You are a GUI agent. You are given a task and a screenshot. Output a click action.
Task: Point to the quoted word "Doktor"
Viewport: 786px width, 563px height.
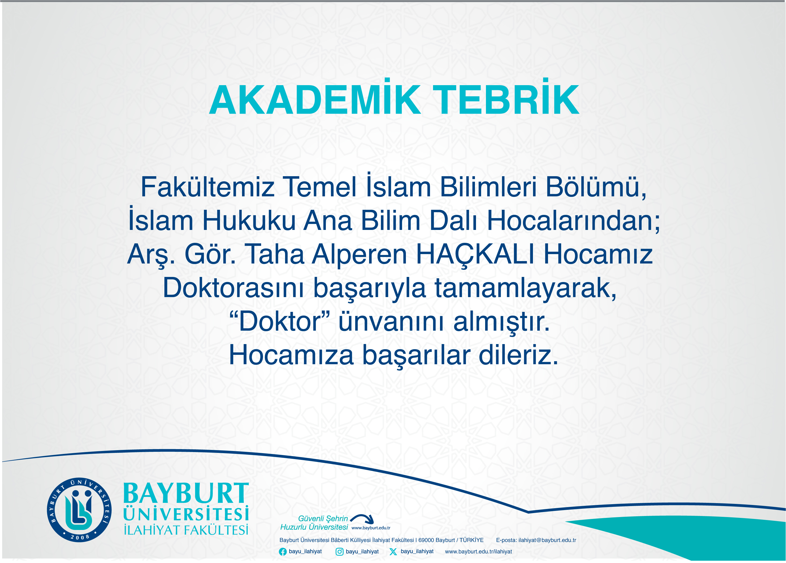pos(280,321)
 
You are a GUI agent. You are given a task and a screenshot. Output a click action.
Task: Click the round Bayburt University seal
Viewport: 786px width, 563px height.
pos(79,510)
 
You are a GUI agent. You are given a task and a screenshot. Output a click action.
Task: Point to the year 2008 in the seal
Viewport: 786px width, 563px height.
pos(80,537)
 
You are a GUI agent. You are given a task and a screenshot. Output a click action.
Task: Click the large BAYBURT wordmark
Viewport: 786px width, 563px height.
pos(186,493)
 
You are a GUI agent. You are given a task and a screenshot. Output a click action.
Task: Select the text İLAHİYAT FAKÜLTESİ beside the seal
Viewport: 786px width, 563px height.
pos(186,530)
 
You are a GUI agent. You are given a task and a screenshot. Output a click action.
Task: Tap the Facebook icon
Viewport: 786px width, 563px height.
pos(283,551)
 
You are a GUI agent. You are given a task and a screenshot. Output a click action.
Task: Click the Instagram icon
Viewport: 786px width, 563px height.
pos(340,551)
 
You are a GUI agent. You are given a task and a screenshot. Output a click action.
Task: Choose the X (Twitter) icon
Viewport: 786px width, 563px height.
pos(393,551)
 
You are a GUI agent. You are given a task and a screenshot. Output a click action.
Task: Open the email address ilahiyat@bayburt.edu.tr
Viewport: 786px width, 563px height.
pos(547,540)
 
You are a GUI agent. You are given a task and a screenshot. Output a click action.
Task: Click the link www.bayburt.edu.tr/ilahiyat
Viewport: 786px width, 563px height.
pos(478,551)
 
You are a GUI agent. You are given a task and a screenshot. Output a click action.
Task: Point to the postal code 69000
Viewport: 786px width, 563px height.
pos(426,540)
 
